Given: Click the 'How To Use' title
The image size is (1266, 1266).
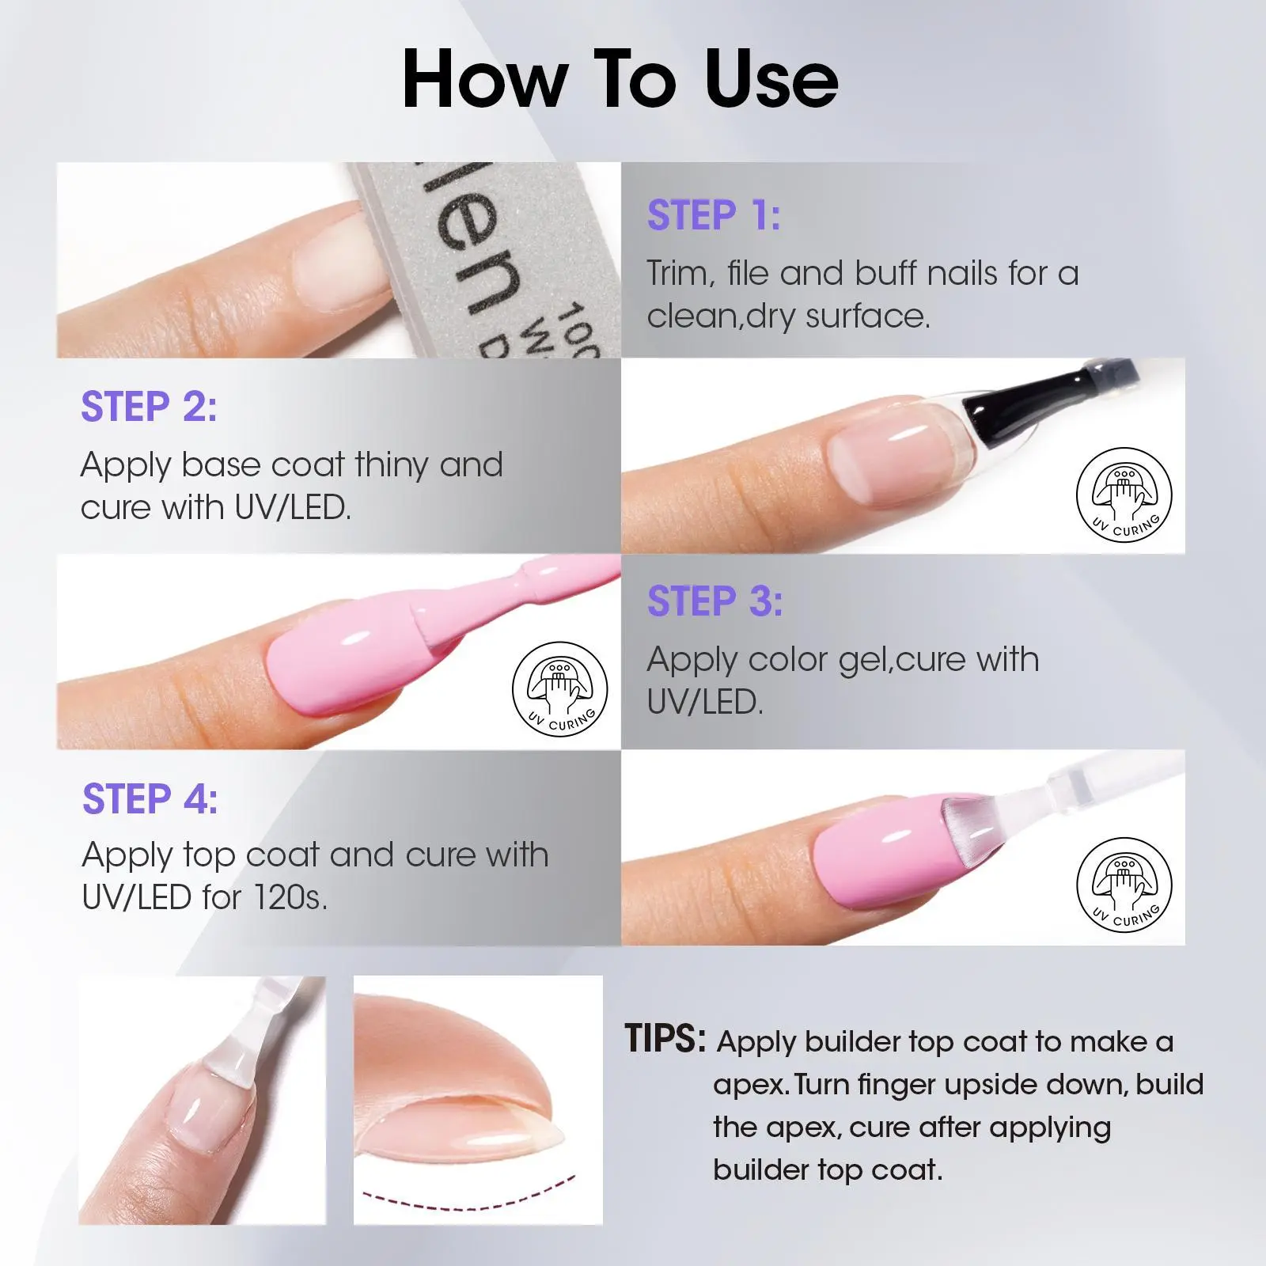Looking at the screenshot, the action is (x=620, y=80).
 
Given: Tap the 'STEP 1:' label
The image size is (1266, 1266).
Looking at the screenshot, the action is (x=714, y=215).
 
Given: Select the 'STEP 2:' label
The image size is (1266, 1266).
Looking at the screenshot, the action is (x=149, y=407).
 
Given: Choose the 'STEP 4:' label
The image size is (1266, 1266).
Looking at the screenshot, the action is (x=150, y=798).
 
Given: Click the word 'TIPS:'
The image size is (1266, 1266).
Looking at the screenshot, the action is (x=665, y=1038).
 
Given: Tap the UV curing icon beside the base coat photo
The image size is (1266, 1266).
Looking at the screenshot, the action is (x=1124, y=495).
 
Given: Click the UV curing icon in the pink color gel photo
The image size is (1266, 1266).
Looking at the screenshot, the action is (x=560, y=689).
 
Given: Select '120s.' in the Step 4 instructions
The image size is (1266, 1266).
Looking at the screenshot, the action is (x=290, y=897).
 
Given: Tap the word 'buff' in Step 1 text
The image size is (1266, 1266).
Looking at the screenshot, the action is (x=885, y=273).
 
